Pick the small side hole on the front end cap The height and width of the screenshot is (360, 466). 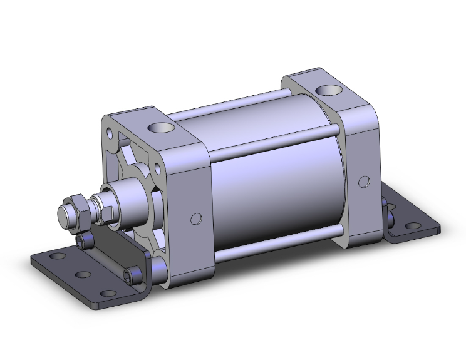[196, 219]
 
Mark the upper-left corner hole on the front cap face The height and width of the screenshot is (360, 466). [111, 133]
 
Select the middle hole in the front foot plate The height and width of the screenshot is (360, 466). [81, 274]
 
